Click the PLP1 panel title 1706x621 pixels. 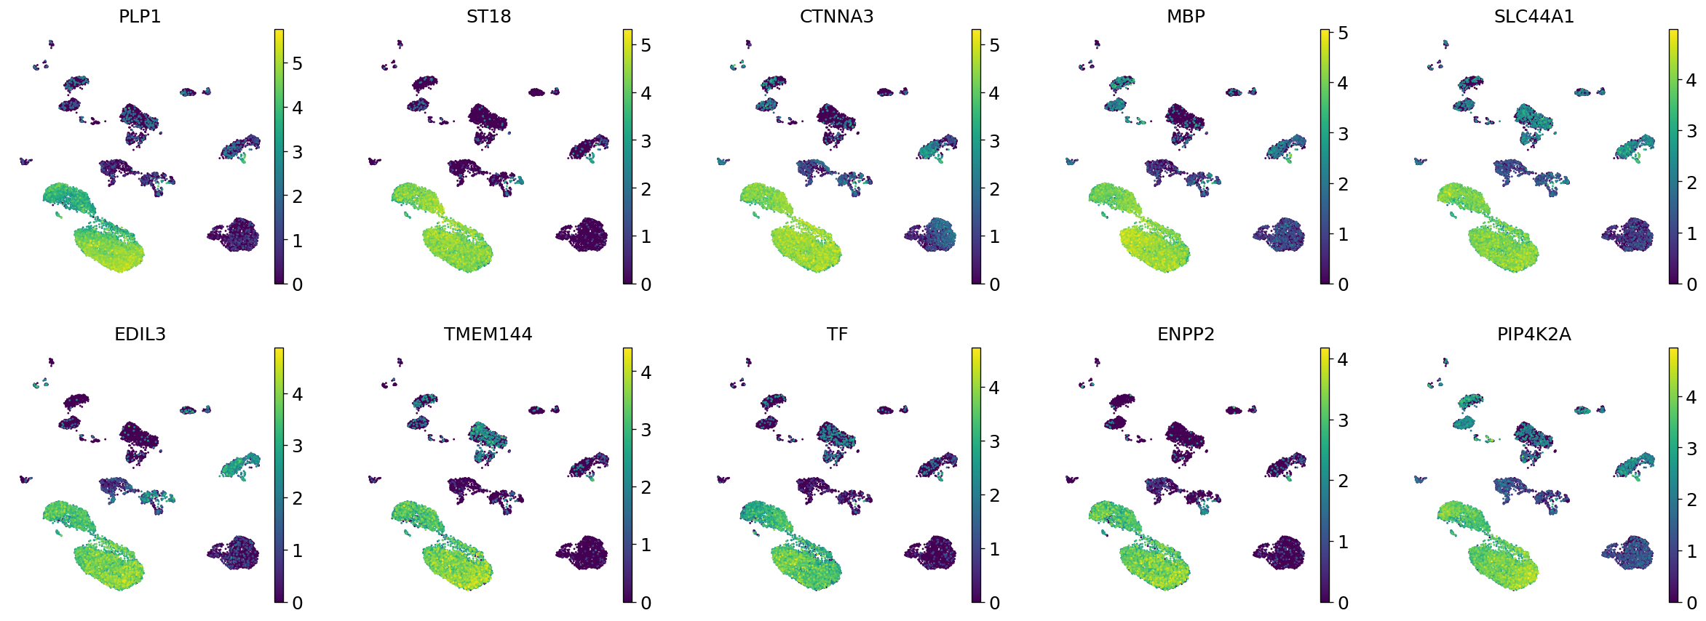pyautogui.click(x=140, y=16)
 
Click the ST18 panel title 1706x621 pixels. pyautogui.click(x=488, y=16)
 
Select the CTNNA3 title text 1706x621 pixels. pyautogui.click(x=836, y=16)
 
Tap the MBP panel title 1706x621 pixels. pyautogui.click(x=1186, y=16)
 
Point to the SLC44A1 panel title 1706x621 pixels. pyautogui.click(x=1534, y=16)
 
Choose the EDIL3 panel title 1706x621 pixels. pyautogui.click(x=140, y=334)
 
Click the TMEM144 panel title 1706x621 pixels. pyautogui.click(x=488, y=334)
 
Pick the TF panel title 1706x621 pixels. pyautogui.click(x=837, y=334)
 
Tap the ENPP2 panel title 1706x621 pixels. pyautogui.click(x=1186, y=334)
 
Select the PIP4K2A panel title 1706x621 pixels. pyautogui.click(x=1534, y=334)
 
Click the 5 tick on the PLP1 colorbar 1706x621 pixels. pyautogui.click(x=297, y=63)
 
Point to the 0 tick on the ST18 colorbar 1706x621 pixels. pyautogui.click(x=646, y=284)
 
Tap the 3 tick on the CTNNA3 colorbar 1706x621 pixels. pyautogui.click(x=994, y=141)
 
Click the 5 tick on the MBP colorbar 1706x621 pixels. pyautogui.click(x=1343, y=33)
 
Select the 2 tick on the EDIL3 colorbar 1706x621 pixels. pyautogui.click(x=297, y=499)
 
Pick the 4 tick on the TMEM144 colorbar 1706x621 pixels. pyautogui.click(x=646, y=372)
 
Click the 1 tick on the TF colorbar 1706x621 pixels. pyautogui.click(x=994, y=549)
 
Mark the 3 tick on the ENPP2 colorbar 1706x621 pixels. pyautogui.click(x=1343, y=420)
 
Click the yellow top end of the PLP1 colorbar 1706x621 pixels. pyautogui.click(x=279, y=32)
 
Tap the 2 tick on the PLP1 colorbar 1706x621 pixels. pyautogui.click(x=297, y=196)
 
